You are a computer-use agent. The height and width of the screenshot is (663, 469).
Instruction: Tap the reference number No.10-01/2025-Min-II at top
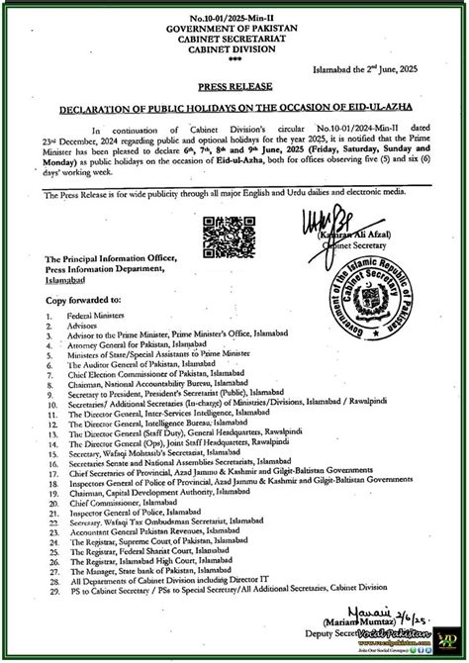click(234, 9)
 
